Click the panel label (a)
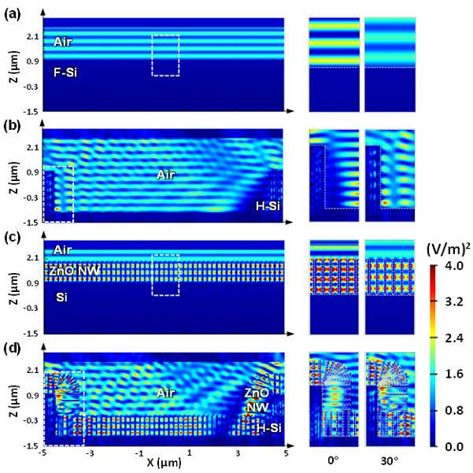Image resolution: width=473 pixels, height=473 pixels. [x=13, y=14]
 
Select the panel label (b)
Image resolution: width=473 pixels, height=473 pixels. [x=13, y=126]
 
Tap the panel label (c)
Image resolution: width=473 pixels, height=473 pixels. [x=13, y=238]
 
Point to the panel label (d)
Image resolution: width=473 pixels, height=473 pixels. [x=13, y=349]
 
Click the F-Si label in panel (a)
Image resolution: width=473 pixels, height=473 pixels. [x=65, y=72]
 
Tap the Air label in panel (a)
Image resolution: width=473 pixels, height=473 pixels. [x=63, y=42]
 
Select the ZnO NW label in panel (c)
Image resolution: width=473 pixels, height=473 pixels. [x=74, y=271]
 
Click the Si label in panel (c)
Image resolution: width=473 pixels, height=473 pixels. [x=61, y=297]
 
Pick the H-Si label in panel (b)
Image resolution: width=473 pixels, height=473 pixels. [x=268, y=206]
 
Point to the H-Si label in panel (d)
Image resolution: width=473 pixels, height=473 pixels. [x=269, y=428]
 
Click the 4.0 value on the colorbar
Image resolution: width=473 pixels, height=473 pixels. [x=454, y=266]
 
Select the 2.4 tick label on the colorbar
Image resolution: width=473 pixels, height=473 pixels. [x=454, y=338]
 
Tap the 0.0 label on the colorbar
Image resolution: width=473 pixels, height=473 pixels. [x=454, y=446]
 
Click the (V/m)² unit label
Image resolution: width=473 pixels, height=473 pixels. [x=449, y=249]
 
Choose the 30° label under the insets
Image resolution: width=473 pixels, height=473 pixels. [x=390, y=461]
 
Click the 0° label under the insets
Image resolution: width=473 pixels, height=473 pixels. [x=333, y=461]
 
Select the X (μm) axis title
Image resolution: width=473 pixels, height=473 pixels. [x=164, y=462]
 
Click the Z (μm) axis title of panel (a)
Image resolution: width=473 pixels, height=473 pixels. [x=14, y=66]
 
